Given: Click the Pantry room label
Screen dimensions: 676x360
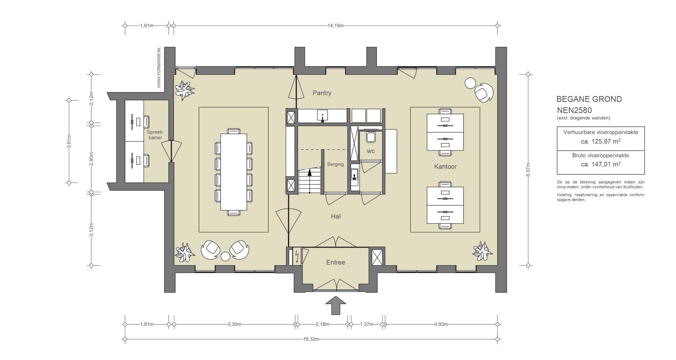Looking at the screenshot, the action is click(x=322, y=93).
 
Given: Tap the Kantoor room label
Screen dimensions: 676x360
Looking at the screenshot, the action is click(x=445, y=166).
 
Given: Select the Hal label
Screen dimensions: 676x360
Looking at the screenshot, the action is click(x=336, y=216).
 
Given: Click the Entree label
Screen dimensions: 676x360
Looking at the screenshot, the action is click(x=336, y=262).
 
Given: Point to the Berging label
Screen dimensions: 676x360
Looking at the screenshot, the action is click(x=335, y=164).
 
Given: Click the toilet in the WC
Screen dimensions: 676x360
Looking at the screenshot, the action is click(x=371, y=136).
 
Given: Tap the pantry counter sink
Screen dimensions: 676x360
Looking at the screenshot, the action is click(x=322, y=116).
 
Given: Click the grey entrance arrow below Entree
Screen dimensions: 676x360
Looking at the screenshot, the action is click(x=336, y=305).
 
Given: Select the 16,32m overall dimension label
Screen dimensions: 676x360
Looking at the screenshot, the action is click(x=311, y=339).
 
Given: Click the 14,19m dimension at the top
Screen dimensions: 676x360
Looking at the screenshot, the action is click(x=335, y=25).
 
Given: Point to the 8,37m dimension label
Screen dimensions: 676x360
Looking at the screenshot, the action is click(x=528, y=170).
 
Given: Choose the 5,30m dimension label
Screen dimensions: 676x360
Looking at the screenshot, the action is click(x=234, y=324).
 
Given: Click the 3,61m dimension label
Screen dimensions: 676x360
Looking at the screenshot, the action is click(x=69, y=141).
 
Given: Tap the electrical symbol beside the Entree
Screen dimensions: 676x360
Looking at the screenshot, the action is click(x=297, y=256).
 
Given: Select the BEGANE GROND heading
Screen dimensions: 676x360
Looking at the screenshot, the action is click(x=589, y=99).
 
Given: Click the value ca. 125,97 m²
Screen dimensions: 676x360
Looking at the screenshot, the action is click(x=601, y=142).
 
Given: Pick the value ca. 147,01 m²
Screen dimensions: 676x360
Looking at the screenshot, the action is click(x=601, y=164).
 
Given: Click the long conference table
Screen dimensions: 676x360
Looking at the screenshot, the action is click(x=234, y=172).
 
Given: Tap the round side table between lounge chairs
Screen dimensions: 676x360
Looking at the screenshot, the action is click(x=225, y=256).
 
